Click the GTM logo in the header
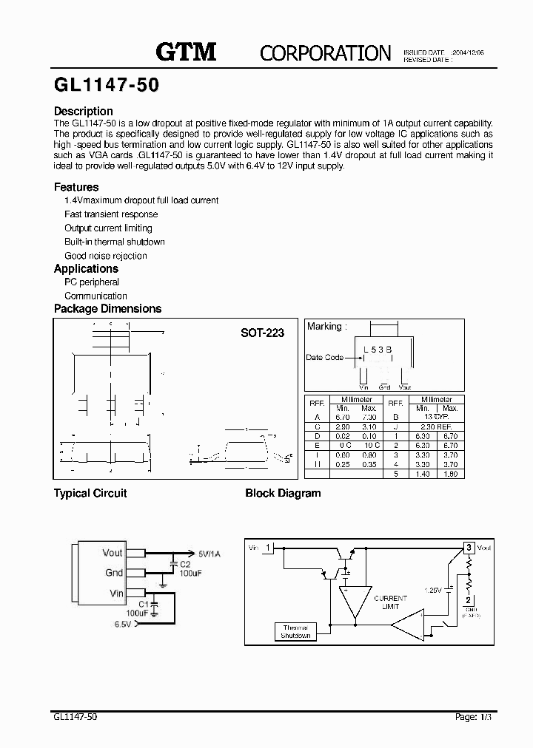(x=186, y=51)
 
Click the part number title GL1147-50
(x=106, y=85)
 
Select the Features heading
(x=76, y=187)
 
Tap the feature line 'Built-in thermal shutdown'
(x=115, y=242)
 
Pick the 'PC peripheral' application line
(x=92, y=282)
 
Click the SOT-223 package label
(x=262, y=333)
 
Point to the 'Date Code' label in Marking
(x=324, y=357)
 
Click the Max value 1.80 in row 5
(x=449, y=474)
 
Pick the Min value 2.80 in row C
(x=343, y=426)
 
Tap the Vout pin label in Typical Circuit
(x=113, y=552)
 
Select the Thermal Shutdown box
(x=295, y=632)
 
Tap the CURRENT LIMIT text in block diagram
(x=390, y=602)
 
